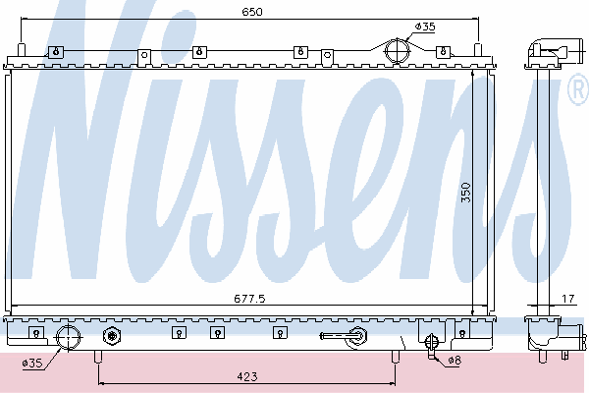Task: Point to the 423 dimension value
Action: pyautogui.click(x=247, y=374)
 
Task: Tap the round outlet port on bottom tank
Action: pyautogui.click(x=69, y=338)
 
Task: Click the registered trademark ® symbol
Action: pyautogui.click(x=578, y=91)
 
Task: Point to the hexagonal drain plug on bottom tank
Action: pyautogui.click(x=110, y=337)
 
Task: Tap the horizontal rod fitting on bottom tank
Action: pyautogui.click(x=343, y=337)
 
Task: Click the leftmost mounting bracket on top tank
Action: pyautogui.click(x=56, y=51)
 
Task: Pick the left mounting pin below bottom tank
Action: pyautogui.click(x=96, y=357)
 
